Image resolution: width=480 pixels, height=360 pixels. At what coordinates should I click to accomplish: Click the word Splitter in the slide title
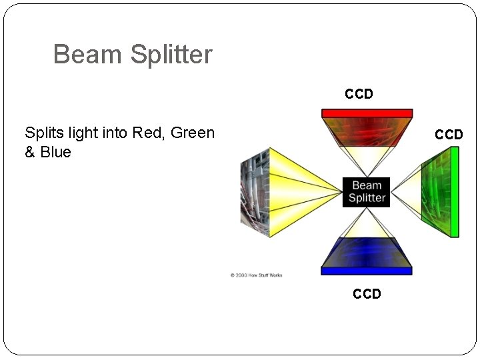pyautogui.click(x=171, y=55)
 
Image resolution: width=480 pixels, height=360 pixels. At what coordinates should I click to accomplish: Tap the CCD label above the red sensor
pyautogui.click(x=359, y=95)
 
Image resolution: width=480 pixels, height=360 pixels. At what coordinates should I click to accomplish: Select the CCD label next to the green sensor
pyautogui.click(x=449, y=135)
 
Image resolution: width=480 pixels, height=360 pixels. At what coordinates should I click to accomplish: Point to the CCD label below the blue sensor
pyautogui.click(x=367, y=294)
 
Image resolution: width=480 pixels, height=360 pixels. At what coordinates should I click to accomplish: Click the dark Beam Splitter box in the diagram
pyautogui.click(x=367, y=192)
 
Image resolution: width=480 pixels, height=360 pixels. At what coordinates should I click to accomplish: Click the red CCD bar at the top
pyautogui.click(x=367, y=113)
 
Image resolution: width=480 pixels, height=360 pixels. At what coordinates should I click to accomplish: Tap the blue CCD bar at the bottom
pyautogui.click(x=367, y=271)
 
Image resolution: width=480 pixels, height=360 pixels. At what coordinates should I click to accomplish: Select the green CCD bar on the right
pyautogui.click(x=455, y=192)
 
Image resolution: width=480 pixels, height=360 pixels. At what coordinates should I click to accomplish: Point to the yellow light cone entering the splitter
pyautogui.click(x=300, y=192)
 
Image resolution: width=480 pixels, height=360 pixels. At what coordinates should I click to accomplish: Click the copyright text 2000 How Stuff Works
pyautogui.click(x=257, y=275)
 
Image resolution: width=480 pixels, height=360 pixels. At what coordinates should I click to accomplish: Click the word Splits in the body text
pyautogui.click(x=43, y=133)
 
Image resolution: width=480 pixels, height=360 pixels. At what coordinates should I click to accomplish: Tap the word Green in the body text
pyautogui.click(x=193, y=133)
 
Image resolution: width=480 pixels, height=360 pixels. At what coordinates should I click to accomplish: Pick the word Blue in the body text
pyautogui.click(x=55, y=152)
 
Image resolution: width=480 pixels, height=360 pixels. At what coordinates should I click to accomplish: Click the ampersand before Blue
pyautogui.click(x=30, y=152)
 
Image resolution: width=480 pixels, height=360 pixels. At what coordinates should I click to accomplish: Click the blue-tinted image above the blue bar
pyautogui.click(x=367, y=253)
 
